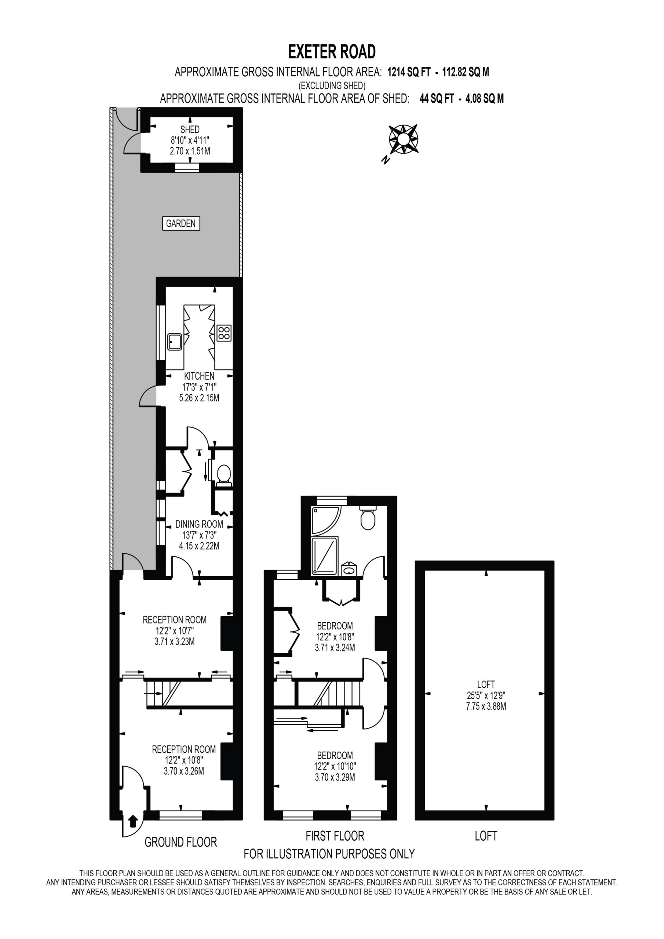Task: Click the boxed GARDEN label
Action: pyautogui.click(x=181, y=224)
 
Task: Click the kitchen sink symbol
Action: pyautogui.click(x=175, y=341)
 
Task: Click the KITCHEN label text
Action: pyautogui.click(x=199, y=376)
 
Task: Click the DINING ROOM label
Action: pyautogui.click(x=199, y=524)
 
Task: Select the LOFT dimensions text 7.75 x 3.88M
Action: pyautogui.click(x=486, y=706)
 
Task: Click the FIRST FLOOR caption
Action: pyautogui.click(x=335, y=836)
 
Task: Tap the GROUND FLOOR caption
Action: pyautogui.click(x=181, y=842)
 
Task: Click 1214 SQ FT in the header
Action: pyautogui.click(x=409, y=72)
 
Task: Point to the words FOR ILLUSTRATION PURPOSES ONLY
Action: pyautogui.click(x=329, y=854)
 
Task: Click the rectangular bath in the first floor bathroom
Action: pyautogui.click(x=324, y=555)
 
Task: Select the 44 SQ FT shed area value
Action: pyautogui.click(x=437, y=99)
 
